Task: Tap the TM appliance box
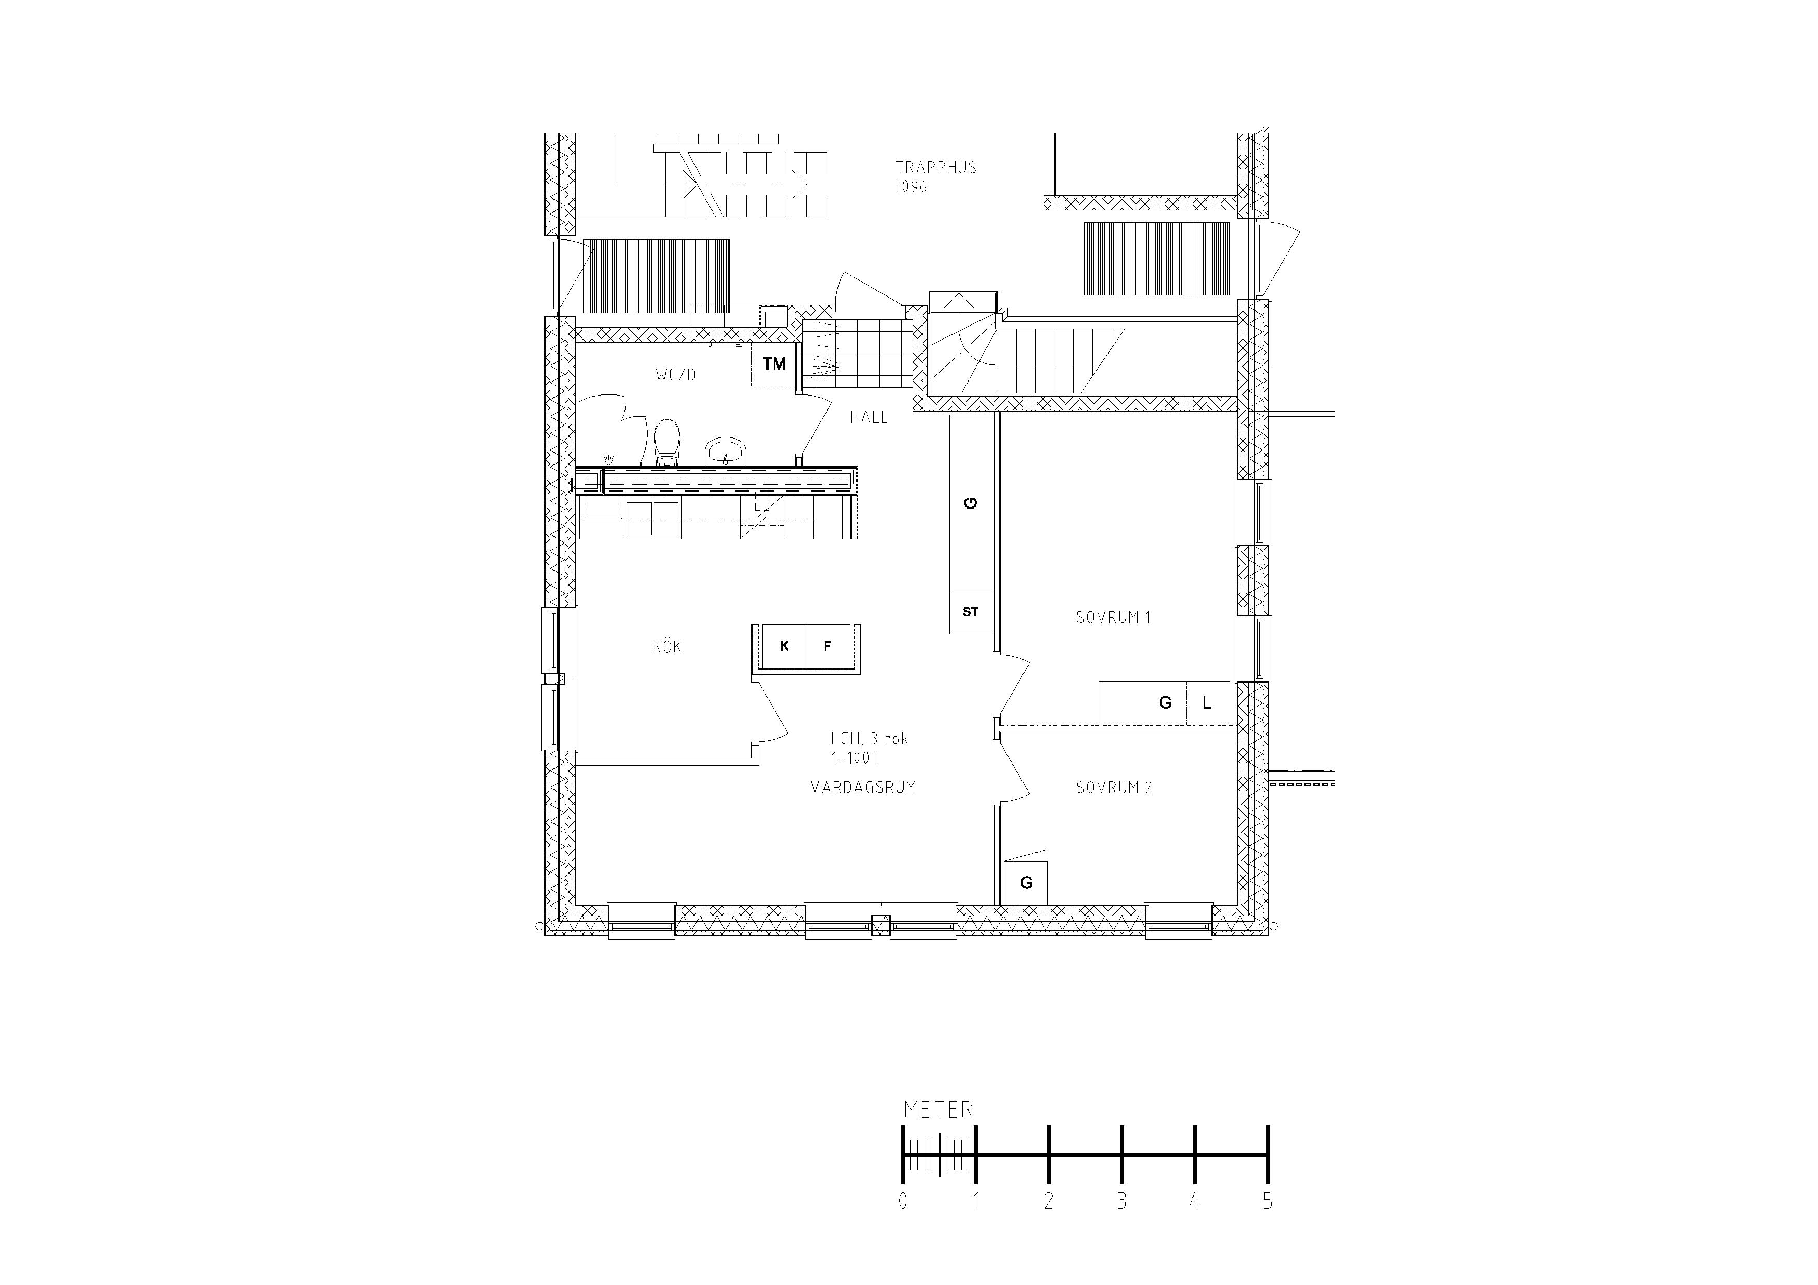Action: click(x=774, y=364)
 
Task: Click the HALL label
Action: click(x=869, y=417)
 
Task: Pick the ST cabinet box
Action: click(x=971, y=612)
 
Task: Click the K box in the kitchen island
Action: click(x=784, y=646)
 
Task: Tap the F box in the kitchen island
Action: click(x=828, y=646)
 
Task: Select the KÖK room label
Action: click(x=666, y=647)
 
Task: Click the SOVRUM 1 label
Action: click(x=1113, y=617)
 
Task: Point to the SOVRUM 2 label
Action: click(x=1113, y=788)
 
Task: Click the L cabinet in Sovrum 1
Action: click(x=1206, y=702)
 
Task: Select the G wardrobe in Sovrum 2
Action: click(x=1026, y=883)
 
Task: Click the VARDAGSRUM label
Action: click(x=863, y=788)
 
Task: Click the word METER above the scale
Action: click(x=939, y=1110)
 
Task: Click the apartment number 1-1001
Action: click(x=855, y=758)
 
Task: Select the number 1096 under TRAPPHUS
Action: click(x=911, y=187)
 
